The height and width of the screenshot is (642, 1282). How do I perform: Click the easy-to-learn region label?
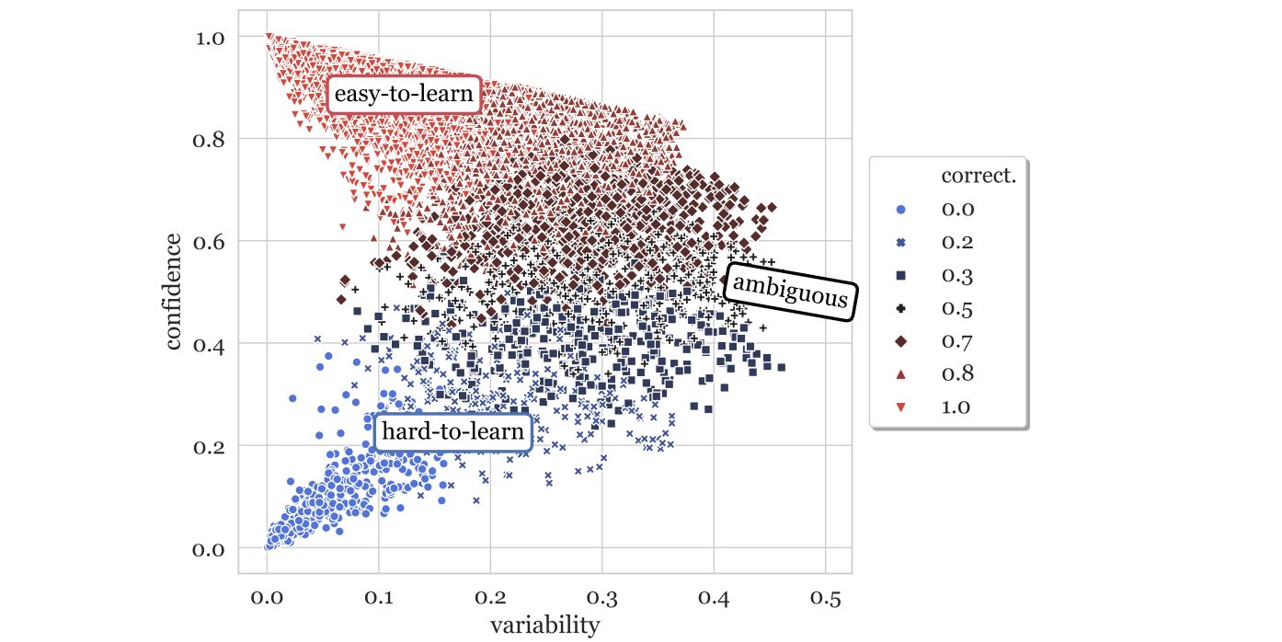pyautogui.click(x=404, y=94)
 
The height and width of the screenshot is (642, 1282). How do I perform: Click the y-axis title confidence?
pyautogui.click(x=173, y=292)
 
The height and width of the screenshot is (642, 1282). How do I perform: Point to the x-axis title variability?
pyautogui.click(x=544, y=626)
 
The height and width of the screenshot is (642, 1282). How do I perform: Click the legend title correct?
pyautogui.click(x=978, y=176)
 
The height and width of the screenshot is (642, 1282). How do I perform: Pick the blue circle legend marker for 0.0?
pyautogui.click(x=901, y=209)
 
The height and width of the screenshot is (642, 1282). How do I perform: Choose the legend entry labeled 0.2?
pyautogui.click(x=957, y=242)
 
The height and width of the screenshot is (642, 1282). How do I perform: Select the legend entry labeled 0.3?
pyautogui.click(x=957, y=275)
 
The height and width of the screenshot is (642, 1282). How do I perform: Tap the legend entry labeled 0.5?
pyautogui.click(x=957, y=308)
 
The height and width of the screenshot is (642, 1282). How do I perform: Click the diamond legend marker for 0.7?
pyautogui.click(x=901, y=341)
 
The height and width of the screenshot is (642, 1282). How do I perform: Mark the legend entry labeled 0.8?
pyautogui.click(x=957, y=373)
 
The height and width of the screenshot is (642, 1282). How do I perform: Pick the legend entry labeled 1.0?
pyautogui.click(x=957, y=407)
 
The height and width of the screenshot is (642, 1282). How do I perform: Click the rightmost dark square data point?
pyautogui.click(x=781, y=367)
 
